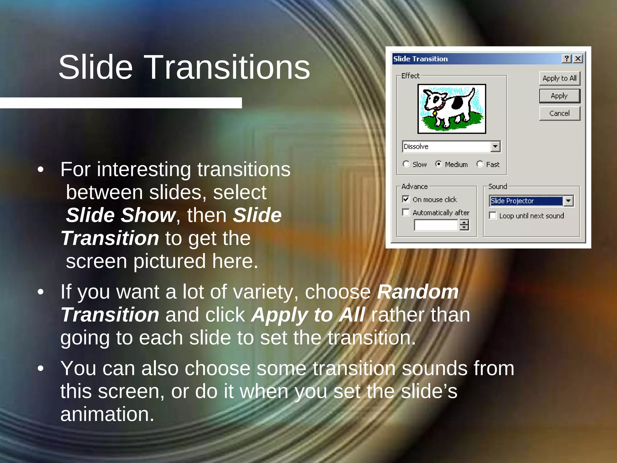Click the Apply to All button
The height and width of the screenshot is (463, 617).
[x=559, y=78]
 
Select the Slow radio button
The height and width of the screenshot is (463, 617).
[x=406, y=164]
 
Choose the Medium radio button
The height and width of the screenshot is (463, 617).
[x=439, y=164]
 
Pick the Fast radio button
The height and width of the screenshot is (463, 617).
[x=480, y=164]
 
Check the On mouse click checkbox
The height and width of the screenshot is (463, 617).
[x=406, y=199]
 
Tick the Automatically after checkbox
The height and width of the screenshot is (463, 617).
[x=406, y=212]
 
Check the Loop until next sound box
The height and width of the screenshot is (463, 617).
[x=493, y=216]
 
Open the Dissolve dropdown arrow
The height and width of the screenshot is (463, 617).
[x=495, y=146]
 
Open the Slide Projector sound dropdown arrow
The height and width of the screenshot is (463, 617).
[x=568, y=201]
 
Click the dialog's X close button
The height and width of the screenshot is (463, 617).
[x=578, y=58]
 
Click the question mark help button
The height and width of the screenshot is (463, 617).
[x=567, y=58]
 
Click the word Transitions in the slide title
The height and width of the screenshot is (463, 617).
[x=228, y=68]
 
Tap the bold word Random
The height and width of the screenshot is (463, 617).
[x=418, y=292]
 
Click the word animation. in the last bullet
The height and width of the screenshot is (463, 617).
[x=107, y=414]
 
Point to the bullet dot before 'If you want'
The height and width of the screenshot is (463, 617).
[x=41, y=292]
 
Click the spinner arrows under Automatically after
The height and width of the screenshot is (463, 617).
[x=464, y=225]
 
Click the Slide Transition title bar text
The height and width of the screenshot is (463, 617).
[x=421, y=59]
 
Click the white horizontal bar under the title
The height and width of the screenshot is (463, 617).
[x=121, y=103]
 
